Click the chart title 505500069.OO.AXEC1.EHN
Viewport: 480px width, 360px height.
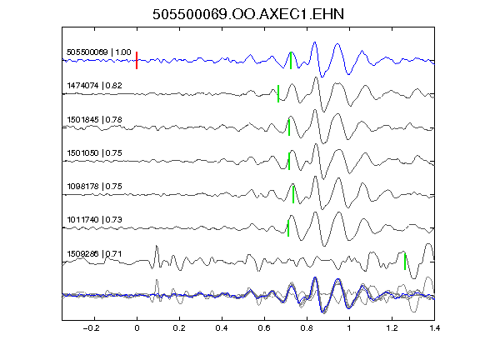(248, 14)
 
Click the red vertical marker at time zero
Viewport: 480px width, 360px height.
(137, 60)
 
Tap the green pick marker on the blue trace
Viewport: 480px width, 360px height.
(291, 60)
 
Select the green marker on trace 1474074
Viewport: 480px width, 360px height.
(278, 93)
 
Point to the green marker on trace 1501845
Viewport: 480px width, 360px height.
(289, 127)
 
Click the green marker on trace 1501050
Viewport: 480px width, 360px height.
(289, 161)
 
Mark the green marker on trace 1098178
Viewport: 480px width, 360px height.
(293, 194)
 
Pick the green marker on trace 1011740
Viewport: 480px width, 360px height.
(288, 228)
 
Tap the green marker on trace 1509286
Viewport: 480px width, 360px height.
(405, 262)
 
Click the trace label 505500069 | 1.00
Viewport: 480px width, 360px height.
(99, 52)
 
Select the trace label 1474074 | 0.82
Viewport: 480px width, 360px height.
(95, 85)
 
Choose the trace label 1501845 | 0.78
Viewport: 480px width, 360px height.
(95, 119)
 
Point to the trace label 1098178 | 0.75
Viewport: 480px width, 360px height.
(95, 186)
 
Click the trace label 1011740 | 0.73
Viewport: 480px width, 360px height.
(95, 219)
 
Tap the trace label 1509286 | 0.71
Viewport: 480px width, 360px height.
(95, 254)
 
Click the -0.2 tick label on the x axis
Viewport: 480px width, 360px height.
(92, 328)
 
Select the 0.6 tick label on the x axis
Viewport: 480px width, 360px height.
(264, 328)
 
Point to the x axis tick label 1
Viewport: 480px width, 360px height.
(349, 328)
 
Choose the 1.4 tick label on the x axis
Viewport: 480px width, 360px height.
(434, 328)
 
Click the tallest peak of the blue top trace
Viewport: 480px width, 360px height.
(315, 42)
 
